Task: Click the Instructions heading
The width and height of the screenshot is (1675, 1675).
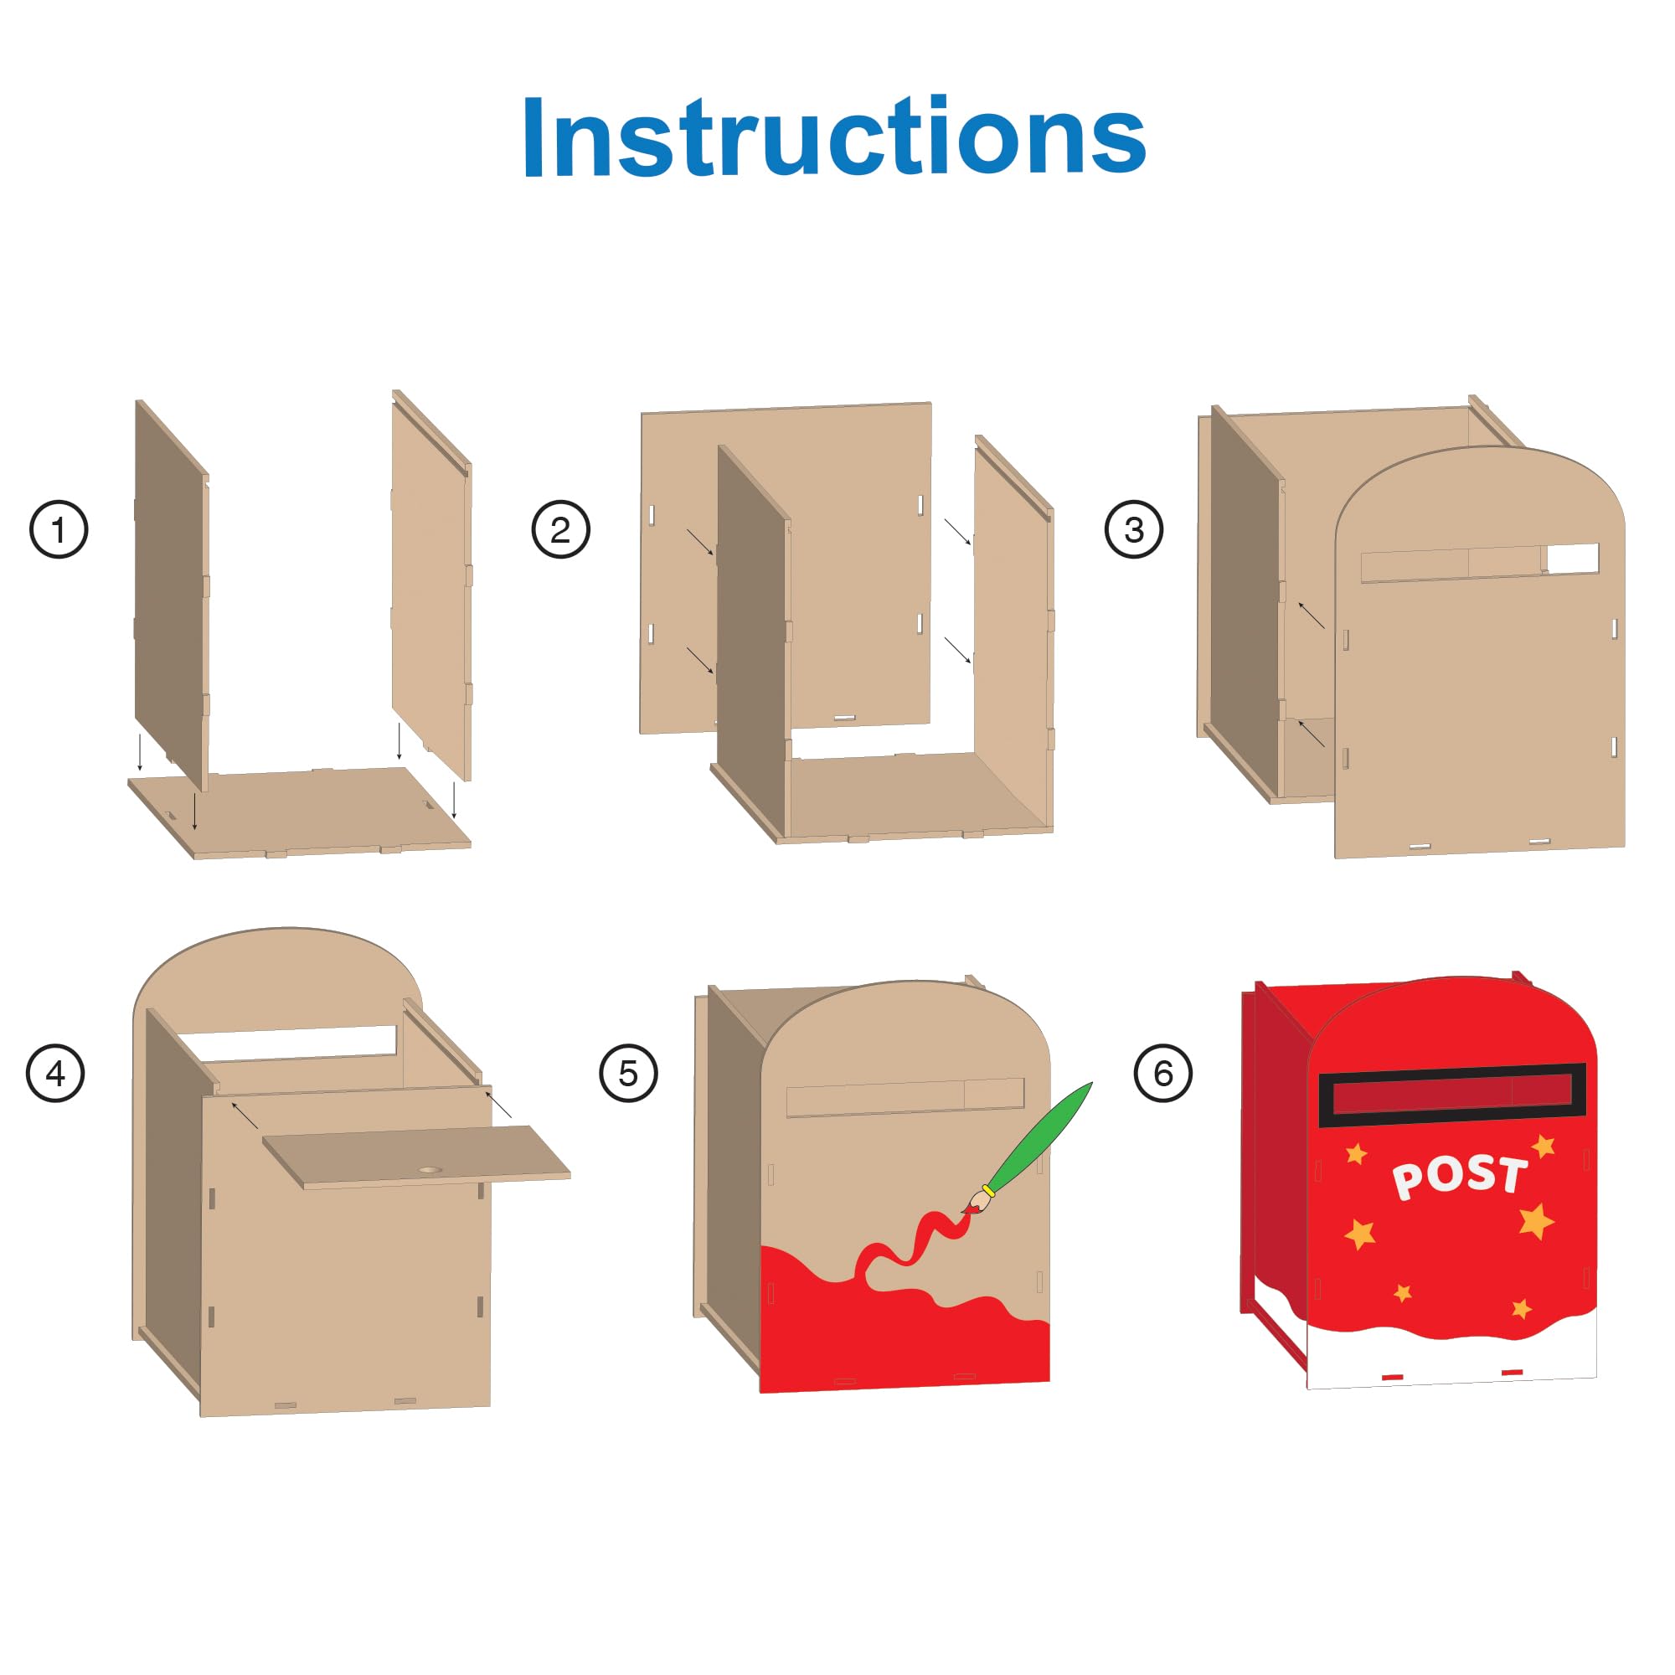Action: click(x=834, y=137)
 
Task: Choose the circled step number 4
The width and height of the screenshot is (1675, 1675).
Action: click(x=55, y=1074)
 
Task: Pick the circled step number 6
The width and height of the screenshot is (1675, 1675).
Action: click(x=1162, y=1074)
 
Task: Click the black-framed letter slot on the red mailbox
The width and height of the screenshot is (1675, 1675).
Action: click(x=1452, y=1095)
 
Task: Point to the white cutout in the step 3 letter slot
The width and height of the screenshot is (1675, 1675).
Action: click(x=1573, y=559)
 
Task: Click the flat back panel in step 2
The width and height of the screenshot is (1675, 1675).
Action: click(x=858, y=486)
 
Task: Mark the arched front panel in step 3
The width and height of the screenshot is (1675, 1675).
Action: click(x=1478, y=693)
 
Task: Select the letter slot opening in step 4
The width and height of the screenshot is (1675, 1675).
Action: click(x=291, y=1041)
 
